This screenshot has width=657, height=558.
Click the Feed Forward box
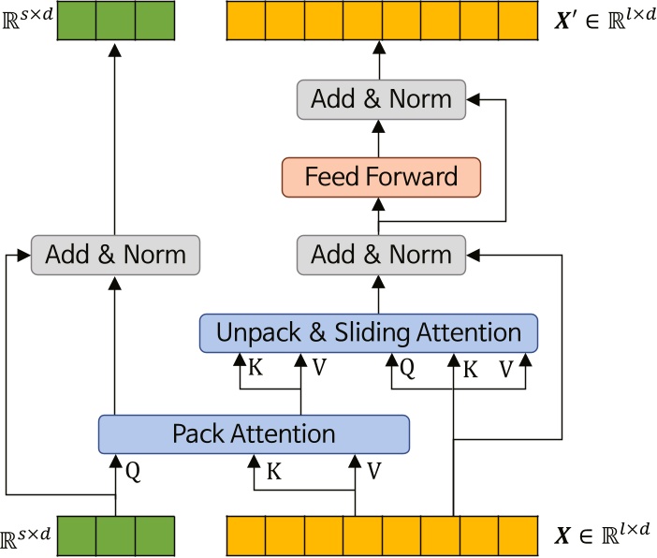pos(381,177)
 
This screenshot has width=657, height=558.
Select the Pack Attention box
pos(254,433)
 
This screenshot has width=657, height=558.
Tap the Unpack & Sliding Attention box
pos(368,332)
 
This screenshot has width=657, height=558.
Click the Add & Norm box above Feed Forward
pos(381,99)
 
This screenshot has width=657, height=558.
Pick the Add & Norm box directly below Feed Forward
pos(381,255)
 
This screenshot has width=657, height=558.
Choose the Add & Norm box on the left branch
pos(115,255)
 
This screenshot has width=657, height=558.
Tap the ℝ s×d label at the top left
pos(26,22)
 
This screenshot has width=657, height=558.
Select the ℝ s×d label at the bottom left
pos(26,536)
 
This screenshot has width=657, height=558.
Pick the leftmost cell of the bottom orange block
pos(246,536)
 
